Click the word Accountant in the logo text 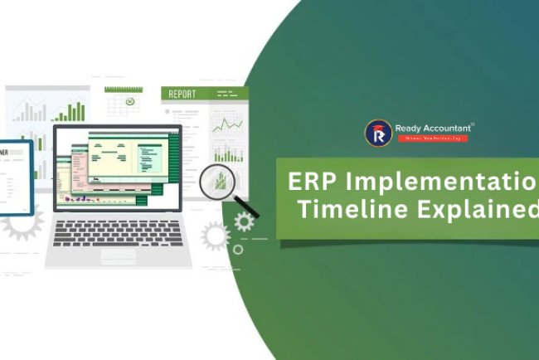coord(448,128)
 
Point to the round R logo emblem coord(378,133)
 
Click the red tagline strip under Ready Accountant coord(433,139)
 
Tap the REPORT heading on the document coord(182,95)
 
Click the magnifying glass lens coord(218,178)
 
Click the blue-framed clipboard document coord(14,177)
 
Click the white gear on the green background coord(244,221)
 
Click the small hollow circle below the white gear coord(238,249)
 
